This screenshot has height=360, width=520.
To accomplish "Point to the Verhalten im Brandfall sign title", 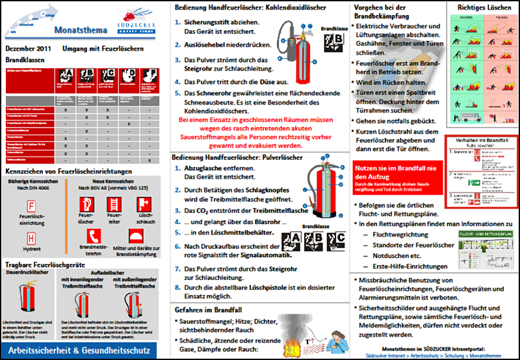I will (479, 142).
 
